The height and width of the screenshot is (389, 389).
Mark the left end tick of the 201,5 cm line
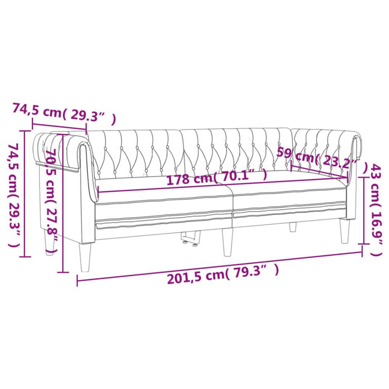point(77,281)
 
